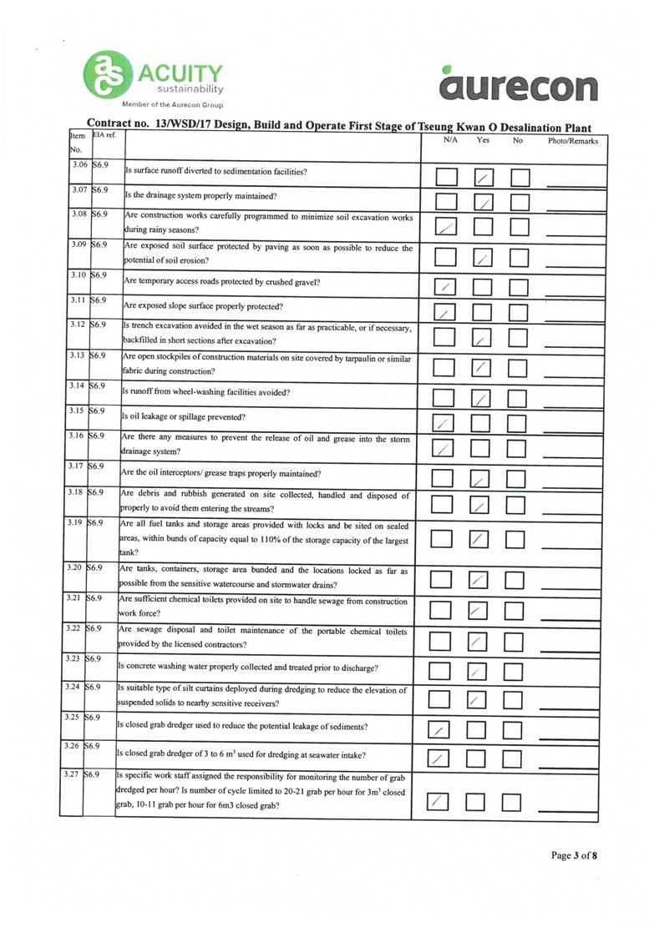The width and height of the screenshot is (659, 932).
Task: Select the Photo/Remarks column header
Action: [572, 142]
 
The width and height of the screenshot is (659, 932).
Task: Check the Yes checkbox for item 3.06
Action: [484, 177]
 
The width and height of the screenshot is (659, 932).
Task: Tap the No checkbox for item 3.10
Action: [520, 286]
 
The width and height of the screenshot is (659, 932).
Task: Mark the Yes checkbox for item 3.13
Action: [483, 367]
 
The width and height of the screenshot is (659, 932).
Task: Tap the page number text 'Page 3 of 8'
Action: [574, 855]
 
